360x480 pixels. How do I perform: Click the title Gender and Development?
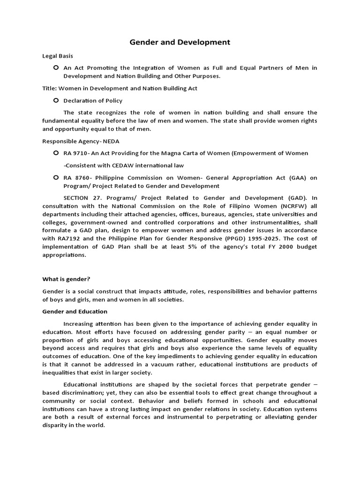[180, 42]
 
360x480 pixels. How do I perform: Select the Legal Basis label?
[58, 56]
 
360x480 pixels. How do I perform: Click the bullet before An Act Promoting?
[56, 67]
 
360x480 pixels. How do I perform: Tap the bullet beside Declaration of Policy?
[56, 100]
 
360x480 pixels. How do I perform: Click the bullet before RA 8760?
[56, 178]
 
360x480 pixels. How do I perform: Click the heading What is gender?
[66, 279]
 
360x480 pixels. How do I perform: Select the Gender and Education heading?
[75, 311]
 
